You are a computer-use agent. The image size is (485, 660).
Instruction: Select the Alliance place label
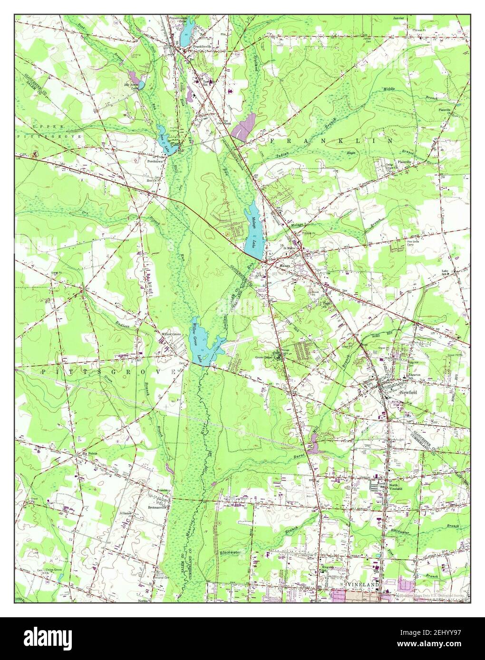[x=126, y=513]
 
